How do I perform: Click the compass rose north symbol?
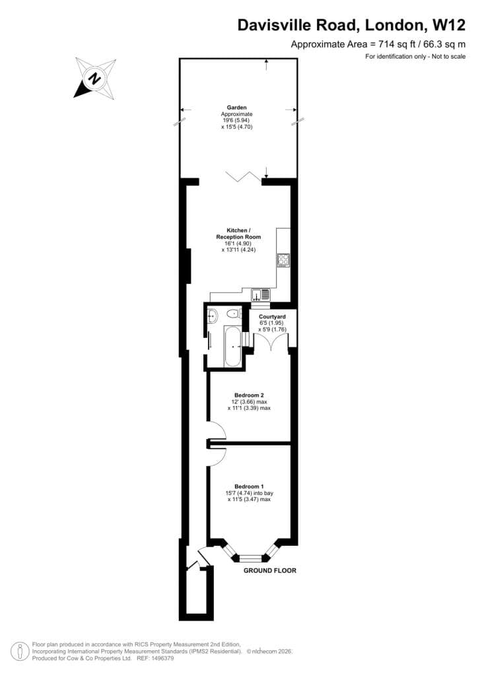coord(95,79)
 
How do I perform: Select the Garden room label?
coord(236,108)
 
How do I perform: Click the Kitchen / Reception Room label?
coord(238,234)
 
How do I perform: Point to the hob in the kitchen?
coord(284,260)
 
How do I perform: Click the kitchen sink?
coord(261,295)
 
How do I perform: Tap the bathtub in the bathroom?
coord(234,346)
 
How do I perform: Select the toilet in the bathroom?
coord(234,314)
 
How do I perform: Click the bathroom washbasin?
coord(213,316)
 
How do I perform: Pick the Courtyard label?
coord(272,317)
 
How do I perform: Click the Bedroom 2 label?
coord(249,395)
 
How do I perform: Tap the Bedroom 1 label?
coord(249,487)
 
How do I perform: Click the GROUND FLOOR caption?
coord(270,570)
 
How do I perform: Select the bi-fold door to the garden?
coord(243,176)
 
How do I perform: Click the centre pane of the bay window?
coord(250,558)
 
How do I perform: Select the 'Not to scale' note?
coord(449,56)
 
